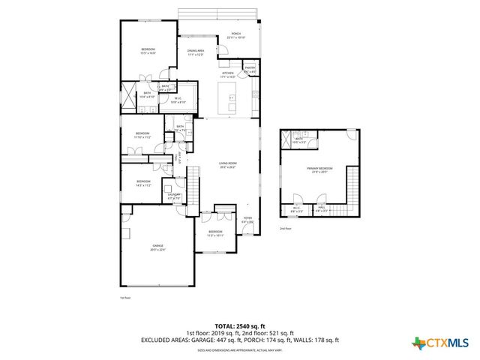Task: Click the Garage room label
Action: pos(158,247)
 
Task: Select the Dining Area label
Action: pos(196,52)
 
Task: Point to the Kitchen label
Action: pos(228,75)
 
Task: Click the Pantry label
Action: pos(250,70)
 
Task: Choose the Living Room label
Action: pos(227,165)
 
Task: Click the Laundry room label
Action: pos(175,197)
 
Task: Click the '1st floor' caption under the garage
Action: pos(125,298)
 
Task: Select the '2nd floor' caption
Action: pos(285,228)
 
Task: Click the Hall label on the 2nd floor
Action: pos(322,211)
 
